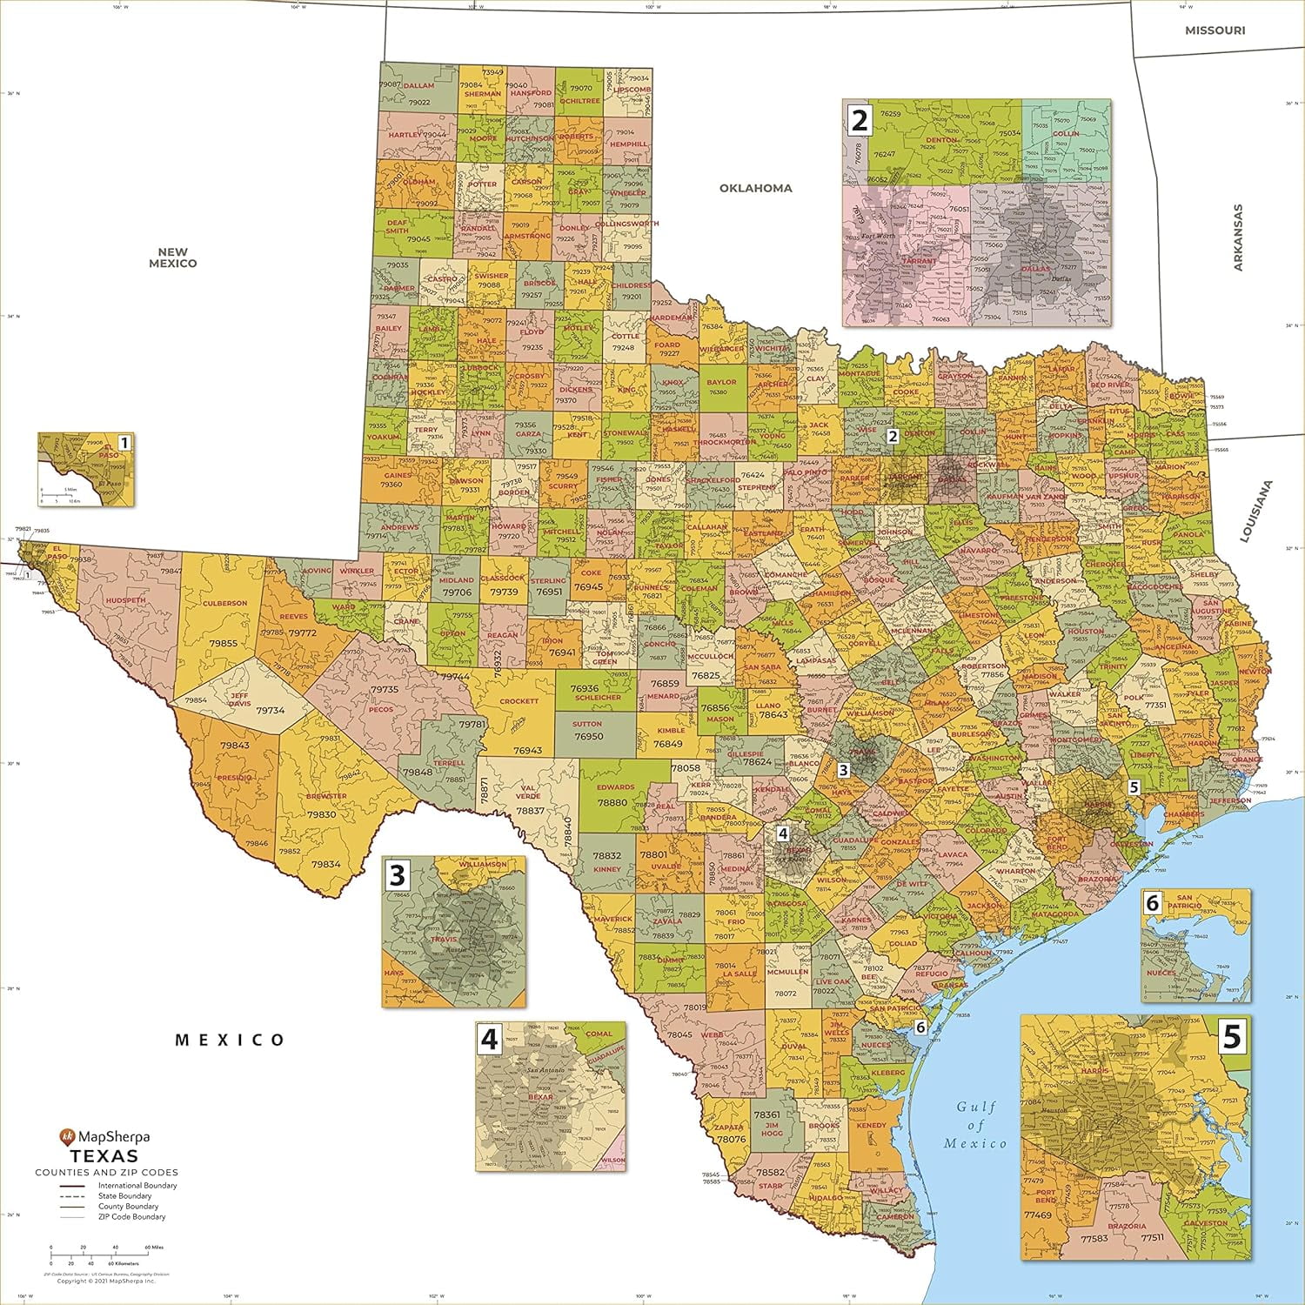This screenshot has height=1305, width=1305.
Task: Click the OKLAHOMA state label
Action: click(x=755, y=188)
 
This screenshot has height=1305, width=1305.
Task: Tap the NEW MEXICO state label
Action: click(x=172, y=258)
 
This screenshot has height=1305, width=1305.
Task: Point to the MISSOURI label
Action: click(x=1215, y=30)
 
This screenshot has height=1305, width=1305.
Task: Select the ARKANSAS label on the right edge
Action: click(x=1238, y=238)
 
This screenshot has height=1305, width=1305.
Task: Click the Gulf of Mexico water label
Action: click(x=975, y=1125)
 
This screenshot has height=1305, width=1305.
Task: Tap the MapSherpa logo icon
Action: click(x=67, y=1136)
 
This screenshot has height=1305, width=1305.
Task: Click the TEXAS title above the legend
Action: click(x=104, y=1156)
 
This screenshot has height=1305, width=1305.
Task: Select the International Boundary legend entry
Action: click(x=137, y=1186)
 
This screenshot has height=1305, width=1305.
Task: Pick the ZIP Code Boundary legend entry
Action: click(x=131, y=1217)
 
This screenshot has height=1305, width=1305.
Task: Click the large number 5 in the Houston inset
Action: click(x=1232, y=1036)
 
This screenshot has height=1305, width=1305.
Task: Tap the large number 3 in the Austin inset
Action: click(x=398, y=874)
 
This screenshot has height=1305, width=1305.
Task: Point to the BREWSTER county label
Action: click(x=326, y=796)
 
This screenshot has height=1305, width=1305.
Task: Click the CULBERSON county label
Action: click(x=224, y=603)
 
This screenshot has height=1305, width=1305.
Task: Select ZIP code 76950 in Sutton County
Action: click(x=588, y=736)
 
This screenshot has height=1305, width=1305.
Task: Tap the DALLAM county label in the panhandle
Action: click(x=418, y=86)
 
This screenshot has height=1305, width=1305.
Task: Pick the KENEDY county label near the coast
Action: click(x=871, y=1125)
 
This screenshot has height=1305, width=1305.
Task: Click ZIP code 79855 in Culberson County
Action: click(x=224, y=643)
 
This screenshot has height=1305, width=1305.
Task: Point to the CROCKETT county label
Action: click(x=519, y=701)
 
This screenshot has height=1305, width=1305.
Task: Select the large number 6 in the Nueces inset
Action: click(x=1153, y=903)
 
